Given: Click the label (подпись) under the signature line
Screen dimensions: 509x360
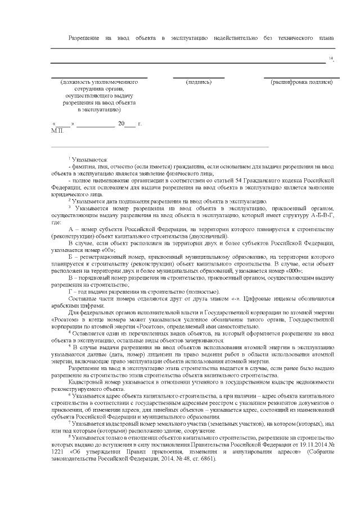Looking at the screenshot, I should (x=199, y=83).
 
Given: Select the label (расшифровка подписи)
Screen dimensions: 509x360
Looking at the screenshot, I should (x=301, y=83).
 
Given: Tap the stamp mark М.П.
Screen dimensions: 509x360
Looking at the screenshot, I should (x=58, y=130).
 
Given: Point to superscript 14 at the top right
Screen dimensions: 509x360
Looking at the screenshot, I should (x=331, y=58).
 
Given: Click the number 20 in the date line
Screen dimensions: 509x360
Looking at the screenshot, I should (x=121, y=123).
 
